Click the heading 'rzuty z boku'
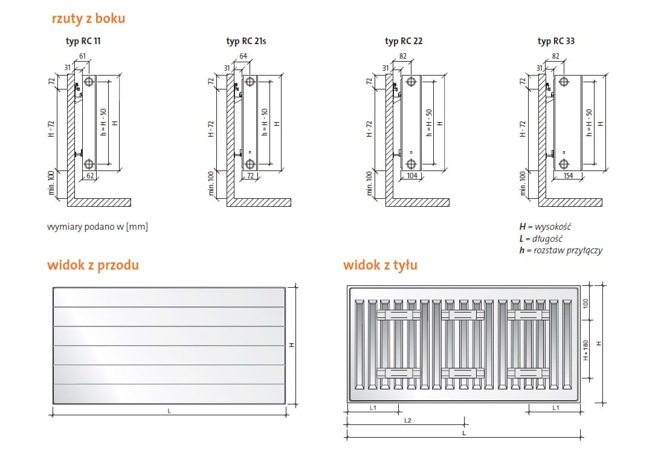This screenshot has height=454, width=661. (x=89, y=19)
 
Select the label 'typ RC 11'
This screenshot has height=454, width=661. (x=83, y=41)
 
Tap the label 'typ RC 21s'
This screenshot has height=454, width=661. (x=246, y=41)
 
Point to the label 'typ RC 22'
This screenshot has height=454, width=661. (x=404, y=41)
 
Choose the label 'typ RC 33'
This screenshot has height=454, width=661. (x=556, y=41)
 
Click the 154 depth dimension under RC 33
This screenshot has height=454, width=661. (x=569, y=176)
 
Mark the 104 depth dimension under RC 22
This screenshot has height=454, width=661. (x=412, y=176)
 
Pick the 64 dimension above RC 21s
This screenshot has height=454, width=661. (x=243, y=56)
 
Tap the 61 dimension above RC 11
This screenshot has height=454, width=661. (x=83, y=56)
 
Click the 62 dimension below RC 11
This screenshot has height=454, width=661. (x=90, y=176)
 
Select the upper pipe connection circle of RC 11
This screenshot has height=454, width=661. (x=89, y=82)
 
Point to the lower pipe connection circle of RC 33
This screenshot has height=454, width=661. (x=564, y=164)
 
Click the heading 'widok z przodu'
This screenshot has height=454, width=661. (x=92, y=265)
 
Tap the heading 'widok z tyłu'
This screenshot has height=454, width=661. (x=380, y=265)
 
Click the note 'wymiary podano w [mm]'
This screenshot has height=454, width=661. (x=97, y=227)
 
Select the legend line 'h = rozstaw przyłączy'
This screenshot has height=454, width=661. (x=561, y=250)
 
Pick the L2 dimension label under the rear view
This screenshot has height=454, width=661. (x=408, y=420)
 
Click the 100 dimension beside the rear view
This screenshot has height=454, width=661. (x=585, y=303)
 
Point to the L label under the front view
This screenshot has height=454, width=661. (x=169, y=411)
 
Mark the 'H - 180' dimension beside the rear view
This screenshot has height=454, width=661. (x=585, y=350)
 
